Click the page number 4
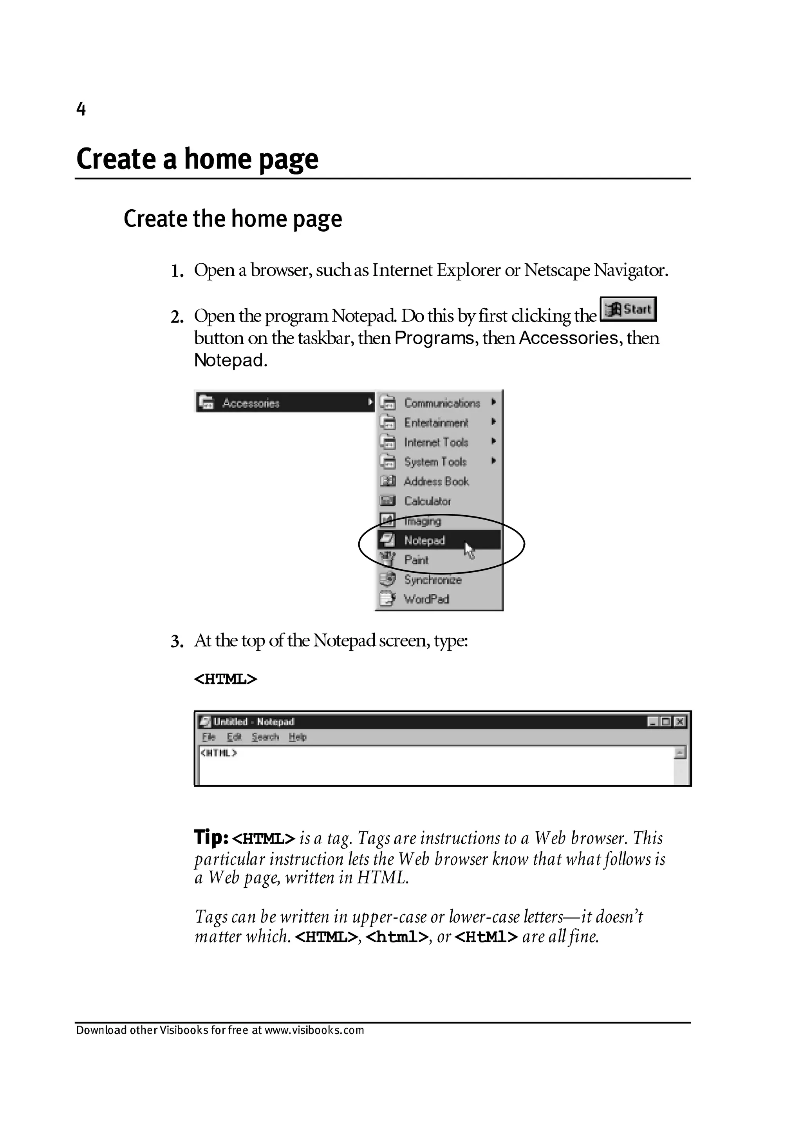tap(81, 109)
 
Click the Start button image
tap(628, 309)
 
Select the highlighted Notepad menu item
tap(425, 540)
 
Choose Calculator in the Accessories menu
tap(427, 501)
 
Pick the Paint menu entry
tap(416, 559)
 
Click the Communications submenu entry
tap(442, 403)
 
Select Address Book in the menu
tap(436, 481)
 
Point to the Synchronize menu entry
tap(433, 579)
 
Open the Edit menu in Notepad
tap(234, 737)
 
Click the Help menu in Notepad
tap(298, 737)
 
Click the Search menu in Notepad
tap(265, 737)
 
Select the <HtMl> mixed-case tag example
tap(486, 937)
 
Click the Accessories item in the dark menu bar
tap(251, 403)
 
